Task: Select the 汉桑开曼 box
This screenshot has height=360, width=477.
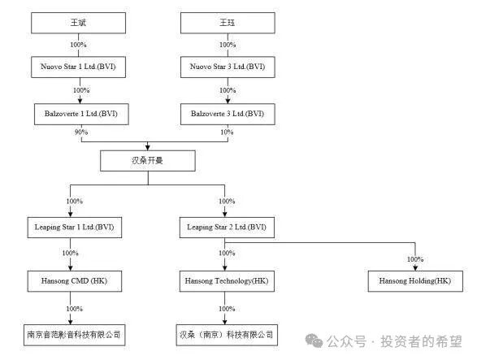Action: [x=148, y=161]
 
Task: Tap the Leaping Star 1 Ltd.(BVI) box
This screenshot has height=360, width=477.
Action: [x=73, y=227]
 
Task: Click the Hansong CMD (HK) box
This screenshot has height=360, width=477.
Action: [x=73, y=281]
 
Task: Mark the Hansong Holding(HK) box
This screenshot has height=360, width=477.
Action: [x=414, y=281]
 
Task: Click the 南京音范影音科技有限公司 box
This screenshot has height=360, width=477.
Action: [x=73, y=334]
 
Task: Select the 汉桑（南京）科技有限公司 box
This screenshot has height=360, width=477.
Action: [x=225, y=334]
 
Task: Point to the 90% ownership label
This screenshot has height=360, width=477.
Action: [x=80, y=132]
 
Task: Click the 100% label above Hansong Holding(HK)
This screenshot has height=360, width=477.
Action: [x=414, y=259]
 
